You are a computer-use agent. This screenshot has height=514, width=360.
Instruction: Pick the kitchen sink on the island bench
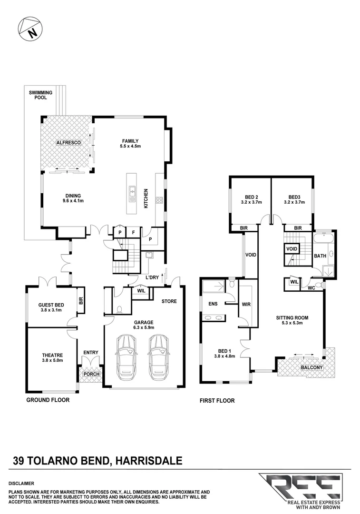point(131,193)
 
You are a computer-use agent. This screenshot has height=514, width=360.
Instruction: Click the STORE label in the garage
point(169,301)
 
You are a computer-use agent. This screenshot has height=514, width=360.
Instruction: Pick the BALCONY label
point(311,367)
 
